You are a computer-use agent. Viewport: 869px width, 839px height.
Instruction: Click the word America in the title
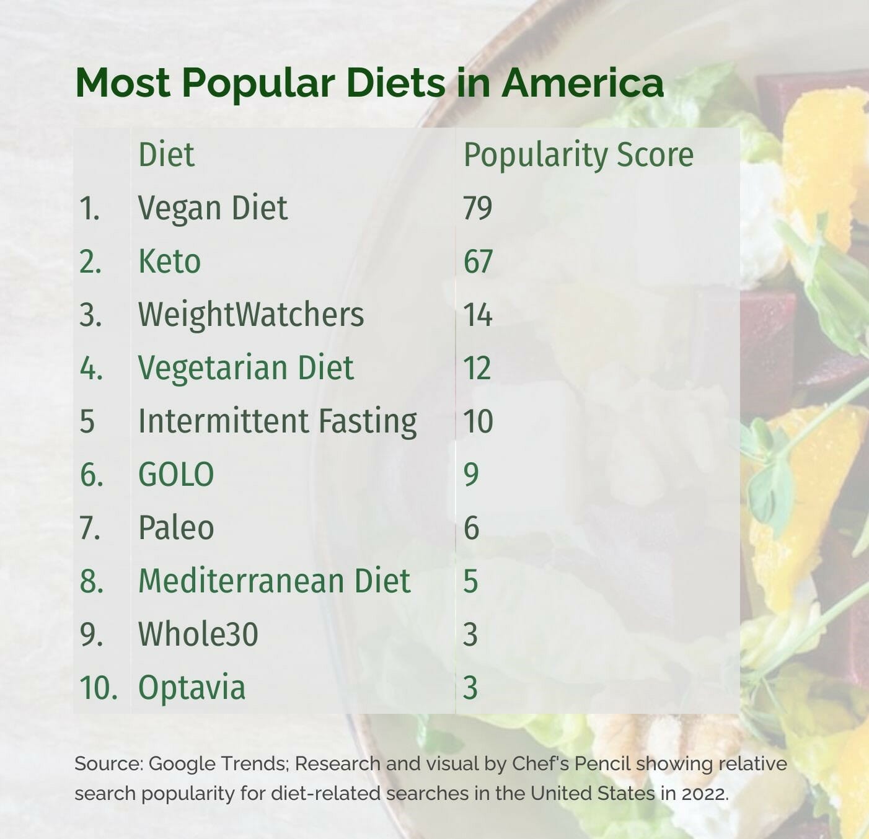click(583, 82)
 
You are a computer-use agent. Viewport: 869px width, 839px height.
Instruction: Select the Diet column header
click(166, 154)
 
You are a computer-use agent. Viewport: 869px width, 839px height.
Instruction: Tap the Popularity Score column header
click(578, 155)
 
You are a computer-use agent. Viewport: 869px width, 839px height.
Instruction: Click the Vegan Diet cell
click(212, 208)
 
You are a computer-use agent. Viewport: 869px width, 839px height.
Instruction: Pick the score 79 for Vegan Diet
click(477, 208)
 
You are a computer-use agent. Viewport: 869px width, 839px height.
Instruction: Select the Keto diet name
click(169, 261)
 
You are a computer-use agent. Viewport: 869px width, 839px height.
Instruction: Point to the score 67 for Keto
click(477, 261)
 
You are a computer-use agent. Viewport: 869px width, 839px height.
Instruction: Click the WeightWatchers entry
click(250, 314)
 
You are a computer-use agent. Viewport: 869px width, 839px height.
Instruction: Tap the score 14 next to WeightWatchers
click(477, 315)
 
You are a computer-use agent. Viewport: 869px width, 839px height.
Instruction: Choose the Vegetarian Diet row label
click(245, 367)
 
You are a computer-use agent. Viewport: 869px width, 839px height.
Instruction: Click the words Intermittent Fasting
click(277, 421)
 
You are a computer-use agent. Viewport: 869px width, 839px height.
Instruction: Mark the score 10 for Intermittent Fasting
click(477, 421)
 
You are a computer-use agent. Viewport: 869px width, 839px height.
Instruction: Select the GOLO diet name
click(176, 475)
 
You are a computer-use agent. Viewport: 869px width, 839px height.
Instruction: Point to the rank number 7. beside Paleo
click(90, 528)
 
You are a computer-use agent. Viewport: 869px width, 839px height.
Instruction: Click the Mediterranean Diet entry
click(274, 581)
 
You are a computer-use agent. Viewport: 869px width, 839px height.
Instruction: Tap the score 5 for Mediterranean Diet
click(470, 581)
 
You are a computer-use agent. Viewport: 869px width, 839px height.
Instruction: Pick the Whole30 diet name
click(198, 635)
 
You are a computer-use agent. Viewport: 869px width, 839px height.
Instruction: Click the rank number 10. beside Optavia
click(98, 688)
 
